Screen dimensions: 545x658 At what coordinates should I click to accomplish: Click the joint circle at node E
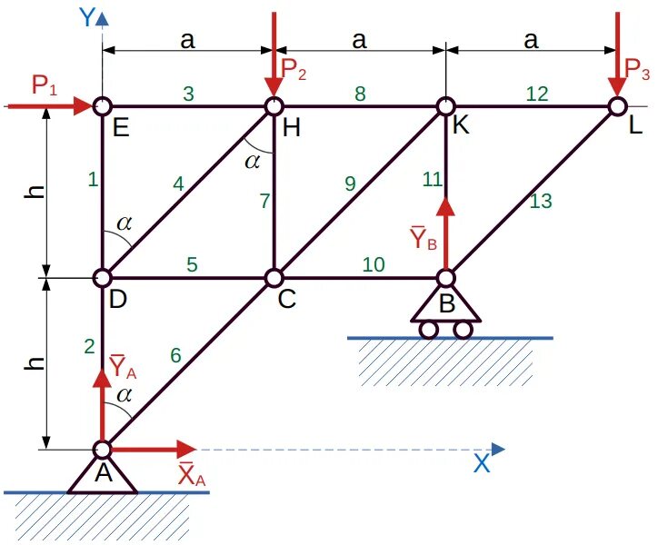[x=103, y=106]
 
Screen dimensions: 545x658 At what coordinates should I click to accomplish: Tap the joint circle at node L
[x=618, y=106]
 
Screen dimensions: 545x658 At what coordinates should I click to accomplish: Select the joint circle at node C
[x=274, y=277]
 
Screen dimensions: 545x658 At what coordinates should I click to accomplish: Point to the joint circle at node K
[x=446, y=106]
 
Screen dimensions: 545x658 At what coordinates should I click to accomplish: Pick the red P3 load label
[x=638, y=69]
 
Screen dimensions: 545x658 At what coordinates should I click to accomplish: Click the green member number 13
[x=540, y=202]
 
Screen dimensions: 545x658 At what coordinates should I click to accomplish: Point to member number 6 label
[x=175, y=356]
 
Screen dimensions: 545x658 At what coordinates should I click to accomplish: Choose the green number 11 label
[x=432, y=180]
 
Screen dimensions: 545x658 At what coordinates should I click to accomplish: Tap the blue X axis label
[x=482, y=463]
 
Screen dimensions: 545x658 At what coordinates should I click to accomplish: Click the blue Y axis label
[x=88, y=17]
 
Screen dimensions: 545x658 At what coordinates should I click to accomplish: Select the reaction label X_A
[x=191, y=474]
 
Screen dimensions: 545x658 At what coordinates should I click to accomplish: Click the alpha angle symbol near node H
[x=254, y=161]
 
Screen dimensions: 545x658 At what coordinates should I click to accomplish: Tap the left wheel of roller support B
[x=428, y=329]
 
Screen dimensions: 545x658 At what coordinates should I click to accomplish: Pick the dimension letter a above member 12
[x=532, y=40]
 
